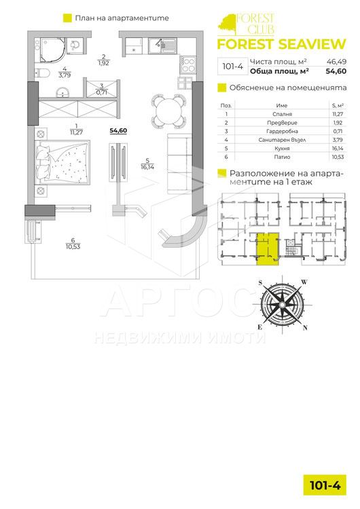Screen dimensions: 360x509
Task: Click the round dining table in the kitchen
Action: click(168, 111)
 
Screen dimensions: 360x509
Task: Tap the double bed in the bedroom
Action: click(62, 160)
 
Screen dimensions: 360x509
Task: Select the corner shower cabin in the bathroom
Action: click(53, 50)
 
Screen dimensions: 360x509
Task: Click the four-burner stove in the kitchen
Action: click(188, 65)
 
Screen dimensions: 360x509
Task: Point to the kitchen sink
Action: click(162, 45)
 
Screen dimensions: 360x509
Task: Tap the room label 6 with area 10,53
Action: click(73, 244)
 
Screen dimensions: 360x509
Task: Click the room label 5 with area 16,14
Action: click(147, 164)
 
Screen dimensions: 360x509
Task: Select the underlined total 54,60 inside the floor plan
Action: click(118, 130)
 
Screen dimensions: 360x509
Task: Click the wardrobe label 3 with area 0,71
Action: click(102, 89)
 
